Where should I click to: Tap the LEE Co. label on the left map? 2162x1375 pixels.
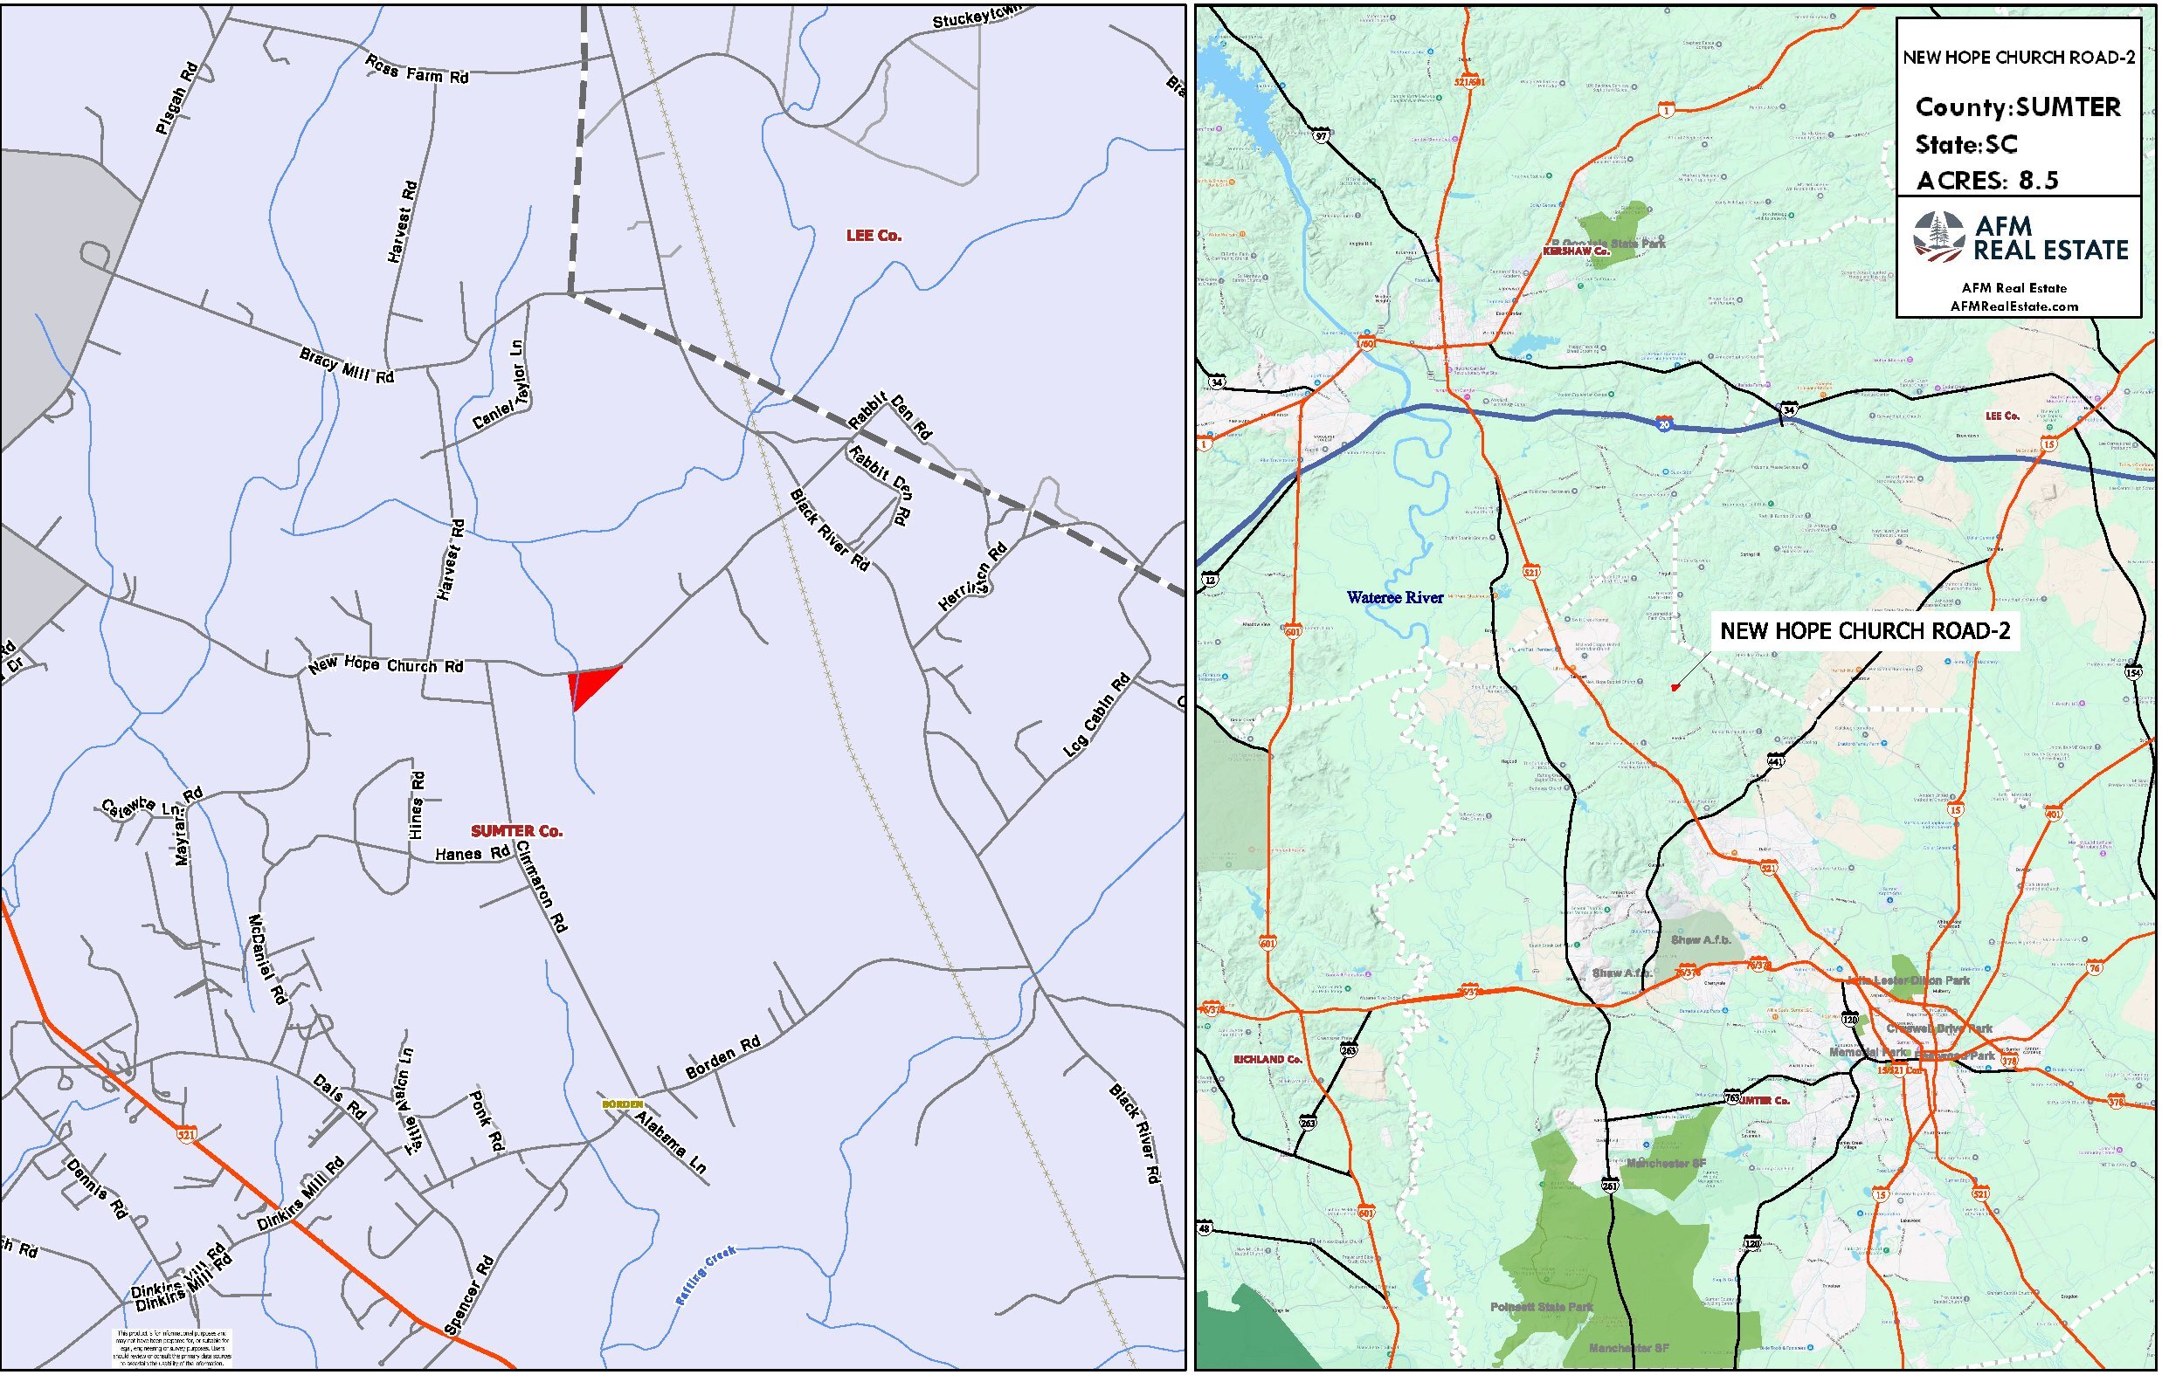873,236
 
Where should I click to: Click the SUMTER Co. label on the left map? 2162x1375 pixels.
516,831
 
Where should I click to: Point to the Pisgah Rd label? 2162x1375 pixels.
176,99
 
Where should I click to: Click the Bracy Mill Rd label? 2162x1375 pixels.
347,366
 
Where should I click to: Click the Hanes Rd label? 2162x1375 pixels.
473,854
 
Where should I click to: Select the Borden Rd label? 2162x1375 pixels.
722,1057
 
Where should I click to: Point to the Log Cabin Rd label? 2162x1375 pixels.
1096,714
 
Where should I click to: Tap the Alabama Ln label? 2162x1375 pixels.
671,1143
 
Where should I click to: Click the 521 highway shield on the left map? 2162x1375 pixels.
186,1134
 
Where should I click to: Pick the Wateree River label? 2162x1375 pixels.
1394,598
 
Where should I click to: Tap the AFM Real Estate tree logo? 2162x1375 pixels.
1938,237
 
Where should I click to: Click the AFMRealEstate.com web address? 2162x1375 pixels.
2013,306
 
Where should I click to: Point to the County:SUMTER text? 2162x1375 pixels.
2018,107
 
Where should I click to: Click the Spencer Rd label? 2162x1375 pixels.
470,1296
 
